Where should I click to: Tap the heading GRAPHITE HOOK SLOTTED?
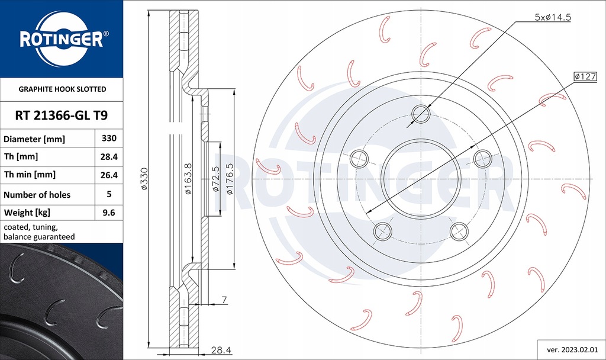click(x=62, y=89)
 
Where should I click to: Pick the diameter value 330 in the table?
click(x=109, y=139)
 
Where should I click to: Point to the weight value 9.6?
click(x=109, y=212)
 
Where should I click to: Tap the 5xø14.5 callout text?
click(x=552, y=18)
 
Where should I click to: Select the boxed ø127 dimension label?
click(x=585, y=76)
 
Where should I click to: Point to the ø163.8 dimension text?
click(x=188, y=179)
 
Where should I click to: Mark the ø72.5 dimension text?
click(x=215, y=179)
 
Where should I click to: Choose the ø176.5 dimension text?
click(x=229, y=179)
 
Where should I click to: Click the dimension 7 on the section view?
click(x=224, y=300)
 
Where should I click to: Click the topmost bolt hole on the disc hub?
click(x=421, y=112)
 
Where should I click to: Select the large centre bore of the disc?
click(x=421, y=178)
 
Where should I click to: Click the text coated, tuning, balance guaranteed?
click(x=39, y=232)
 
